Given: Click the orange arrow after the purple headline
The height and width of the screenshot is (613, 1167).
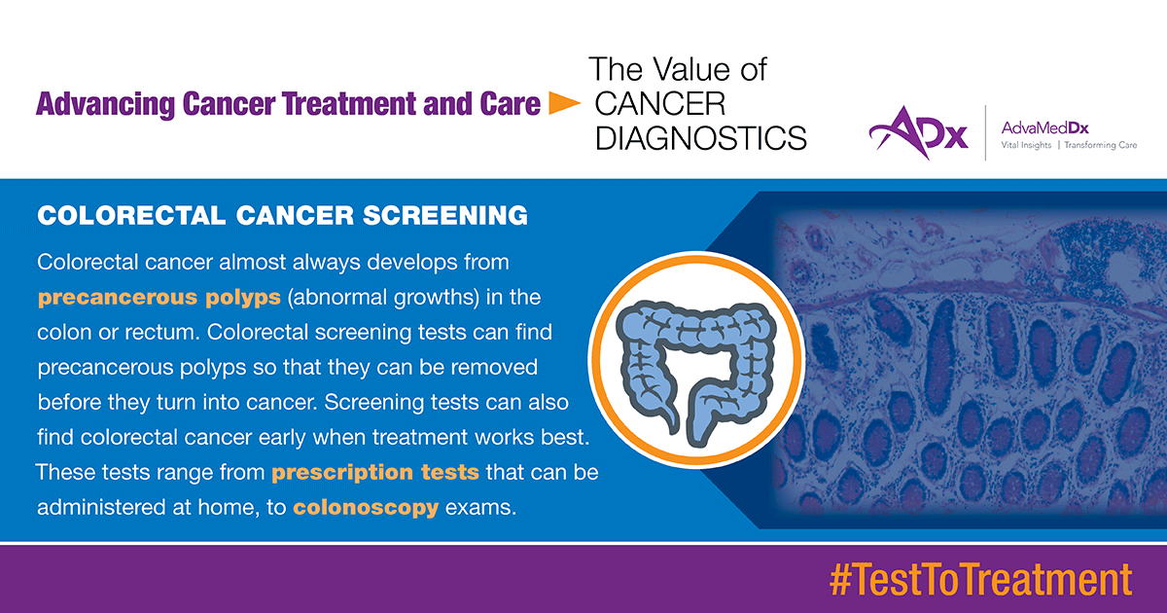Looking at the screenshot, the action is point(565,103).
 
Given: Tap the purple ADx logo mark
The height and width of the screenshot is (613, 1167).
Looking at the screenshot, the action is point(919,132).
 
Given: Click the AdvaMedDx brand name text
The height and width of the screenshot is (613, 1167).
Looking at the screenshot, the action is point(1044,127).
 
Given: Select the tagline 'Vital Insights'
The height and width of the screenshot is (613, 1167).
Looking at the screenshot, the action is point(1026,145).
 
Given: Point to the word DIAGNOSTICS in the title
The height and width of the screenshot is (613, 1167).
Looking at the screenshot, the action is point(701,138).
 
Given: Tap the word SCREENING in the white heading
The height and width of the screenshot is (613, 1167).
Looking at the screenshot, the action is point(445,215).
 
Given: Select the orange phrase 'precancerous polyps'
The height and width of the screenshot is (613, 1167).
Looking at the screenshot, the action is point(159,298).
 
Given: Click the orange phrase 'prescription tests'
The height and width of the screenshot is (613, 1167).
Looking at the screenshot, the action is point(375,473).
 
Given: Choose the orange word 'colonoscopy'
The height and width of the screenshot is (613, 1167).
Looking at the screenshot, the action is point(366,508).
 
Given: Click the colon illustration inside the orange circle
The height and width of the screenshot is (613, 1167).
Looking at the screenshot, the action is point(696,372).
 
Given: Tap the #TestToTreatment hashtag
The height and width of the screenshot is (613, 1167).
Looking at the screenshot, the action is point(980,580).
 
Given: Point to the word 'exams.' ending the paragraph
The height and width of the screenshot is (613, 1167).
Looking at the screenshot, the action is point(480,507).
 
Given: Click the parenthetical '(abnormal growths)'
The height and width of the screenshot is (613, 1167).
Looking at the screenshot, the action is point(383,298).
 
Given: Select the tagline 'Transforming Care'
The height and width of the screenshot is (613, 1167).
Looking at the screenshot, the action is point(1100,145).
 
